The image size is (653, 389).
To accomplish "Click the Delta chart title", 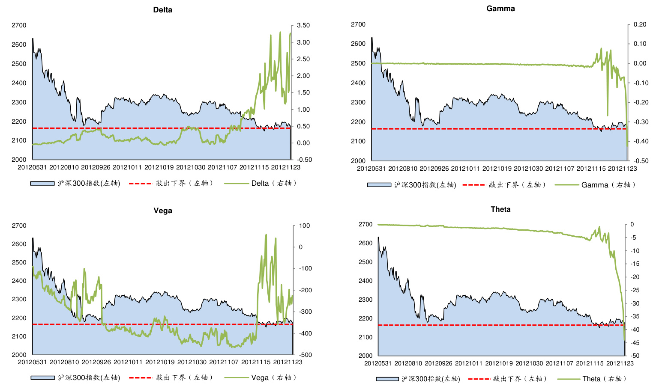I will pyautogui.click(x=163, y=10).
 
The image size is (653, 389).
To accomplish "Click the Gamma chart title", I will pyautogui.click(x=500, y=9).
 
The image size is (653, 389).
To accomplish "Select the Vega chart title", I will pyautogui.click(x=163, y=211).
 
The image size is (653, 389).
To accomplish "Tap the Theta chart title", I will pyautogui.click(x=500, y=209).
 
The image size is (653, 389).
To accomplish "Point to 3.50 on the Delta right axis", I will pyautogui.click(x=303, y=25).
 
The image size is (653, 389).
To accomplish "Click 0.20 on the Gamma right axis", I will pyautogui.click(x=640, y=24).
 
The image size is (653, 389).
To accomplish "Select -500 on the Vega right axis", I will pyautogui.click(x=305, y=355).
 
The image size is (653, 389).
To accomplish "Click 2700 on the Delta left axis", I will pyautogui.click(x=19, y=25).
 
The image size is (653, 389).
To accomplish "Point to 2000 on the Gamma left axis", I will pyautogui.click(x=358, y=161).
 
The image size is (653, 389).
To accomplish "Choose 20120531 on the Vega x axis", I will pyautogui.click(x=32, y=362).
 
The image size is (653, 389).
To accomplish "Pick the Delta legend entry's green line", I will pyautogui.click(x=236, y=184).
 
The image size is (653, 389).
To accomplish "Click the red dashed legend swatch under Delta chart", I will pyautogui.click(x=141, y=184).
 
